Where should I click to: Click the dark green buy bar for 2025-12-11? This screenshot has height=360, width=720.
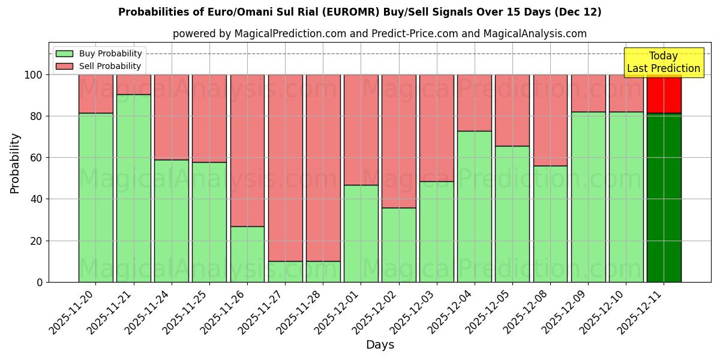[664, 197]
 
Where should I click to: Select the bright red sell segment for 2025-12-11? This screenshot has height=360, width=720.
[664, 94]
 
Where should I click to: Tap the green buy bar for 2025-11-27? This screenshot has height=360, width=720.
[285, 271]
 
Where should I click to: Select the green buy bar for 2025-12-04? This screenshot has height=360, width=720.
[474, 206]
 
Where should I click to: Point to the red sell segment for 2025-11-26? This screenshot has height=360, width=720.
[247, 150]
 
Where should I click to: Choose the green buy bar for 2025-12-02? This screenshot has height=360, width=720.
[398, 245]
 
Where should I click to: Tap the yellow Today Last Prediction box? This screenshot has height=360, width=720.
[663, 62]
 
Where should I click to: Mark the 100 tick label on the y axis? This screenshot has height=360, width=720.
[34, 75]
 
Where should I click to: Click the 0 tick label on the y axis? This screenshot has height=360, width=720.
[40, 282]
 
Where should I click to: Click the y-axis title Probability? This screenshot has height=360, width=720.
[15, 163]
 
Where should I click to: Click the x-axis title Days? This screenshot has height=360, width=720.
[380, 345]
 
